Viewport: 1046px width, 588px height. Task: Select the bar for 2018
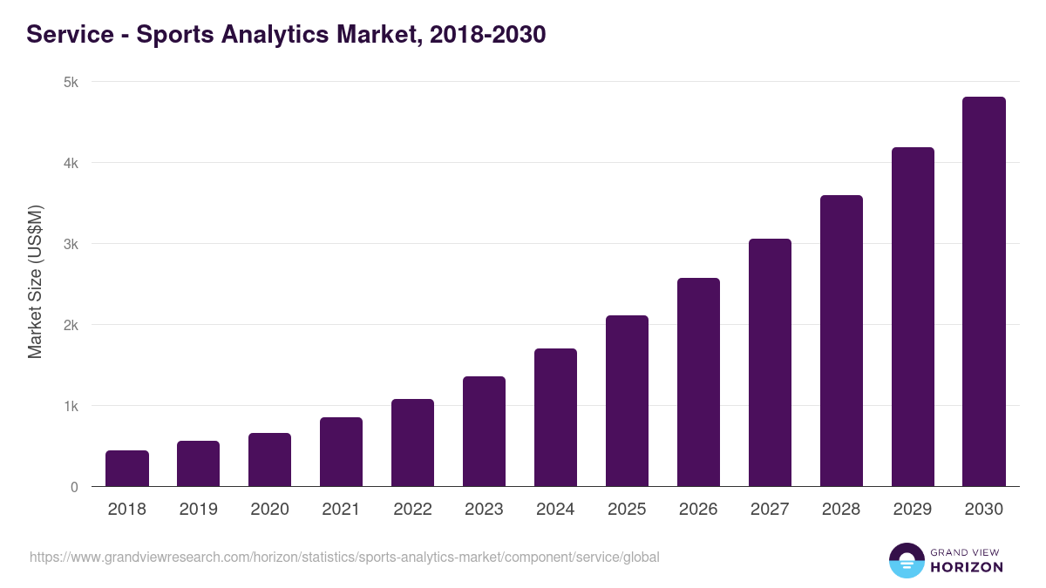(x=127, y=469)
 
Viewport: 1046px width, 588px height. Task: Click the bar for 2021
(x=341, y=452)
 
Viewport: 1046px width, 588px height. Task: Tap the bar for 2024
(x=555, y=418)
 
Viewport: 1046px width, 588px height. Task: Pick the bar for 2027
(x=770, y=362)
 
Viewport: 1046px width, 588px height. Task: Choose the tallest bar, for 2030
(x=984, y=292)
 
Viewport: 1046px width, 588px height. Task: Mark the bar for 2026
(x=698, y=382)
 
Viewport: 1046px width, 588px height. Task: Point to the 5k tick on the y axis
(x=71, y=82)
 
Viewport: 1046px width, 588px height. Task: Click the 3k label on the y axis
(x=71, y=244)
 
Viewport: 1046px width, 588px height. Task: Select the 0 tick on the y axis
(x=75, y=487)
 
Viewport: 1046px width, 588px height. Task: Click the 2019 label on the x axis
(x=199, y=510)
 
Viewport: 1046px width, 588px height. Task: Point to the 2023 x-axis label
(x=484, y=510)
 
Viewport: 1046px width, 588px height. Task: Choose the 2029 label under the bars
(x=913, y=510)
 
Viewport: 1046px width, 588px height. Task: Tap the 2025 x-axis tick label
(x=627, y=510)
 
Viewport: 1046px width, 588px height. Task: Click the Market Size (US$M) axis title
(x=35, y=281)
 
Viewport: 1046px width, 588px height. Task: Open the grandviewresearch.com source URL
(x=344, y=557)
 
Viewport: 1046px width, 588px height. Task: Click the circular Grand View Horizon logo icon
(x=906, y=560)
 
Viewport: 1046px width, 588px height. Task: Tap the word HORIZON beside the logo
(x=966, y=567)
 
